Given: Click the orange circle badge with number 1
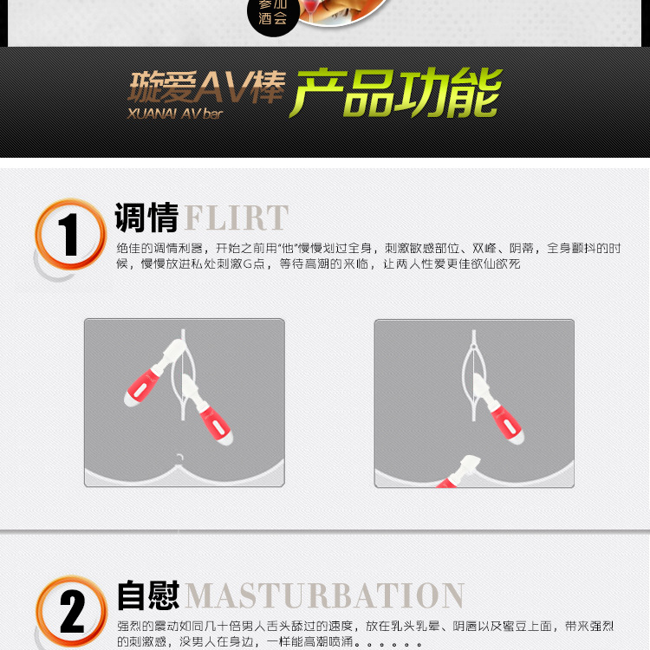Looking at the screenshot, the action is (x=70, y=234).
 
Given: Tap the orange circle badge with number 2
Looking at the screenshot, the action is (x=71, y=611).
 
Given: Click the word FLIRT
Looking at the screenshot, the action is (x=237, y=218).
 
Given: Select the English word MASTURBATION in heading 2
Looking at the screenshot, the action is (x=325, y=595).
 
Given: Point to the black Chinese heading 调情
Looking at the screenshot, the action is (x=146, y=218).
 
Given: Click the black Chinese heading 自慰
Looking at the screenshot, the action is (x=148, y=595).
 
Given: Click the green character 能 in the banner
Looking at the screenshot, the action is (x=472, y=92).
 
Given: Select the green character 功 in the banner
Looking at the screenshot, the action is (x=419, y=92).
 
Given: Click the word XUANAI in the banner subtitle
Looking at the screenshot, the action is (x=152, y=114).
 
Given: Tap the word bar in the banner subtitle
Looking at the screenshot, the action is (x=213, y=114).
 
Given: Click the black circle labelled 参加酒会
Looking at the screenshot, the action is (x=273, y=16).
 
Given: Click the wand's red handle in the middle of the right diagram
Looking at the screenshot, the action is (x=507, y=425).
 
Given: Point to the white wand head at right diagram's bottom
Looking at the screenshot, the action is (x=470, y=464).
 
